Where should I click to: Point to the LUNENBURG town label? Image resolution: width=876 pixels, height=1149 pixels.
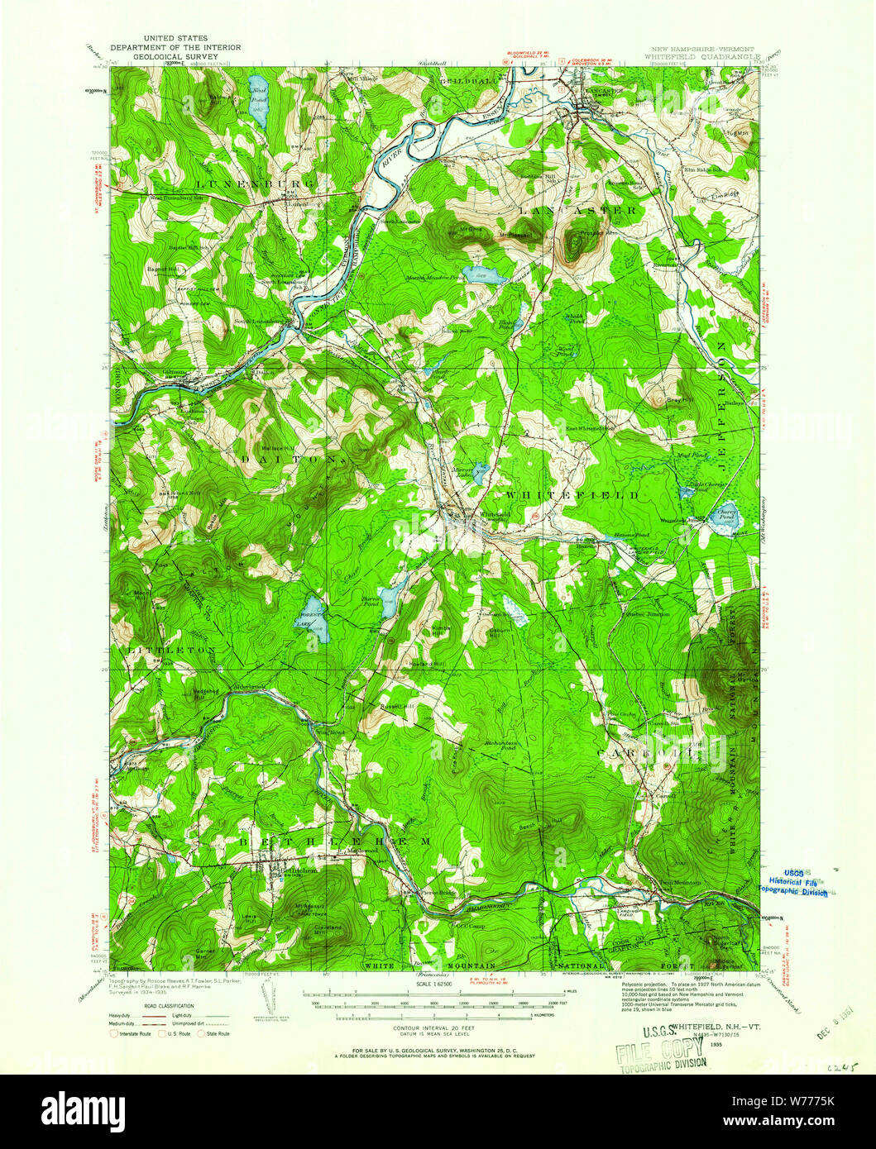click(255, 182)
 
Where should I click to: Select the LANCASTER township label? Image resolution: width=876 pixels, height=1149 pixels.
click(579, 211)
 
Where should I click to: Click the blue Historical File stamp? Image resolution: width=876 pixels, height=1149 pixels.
click(794, 884)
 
